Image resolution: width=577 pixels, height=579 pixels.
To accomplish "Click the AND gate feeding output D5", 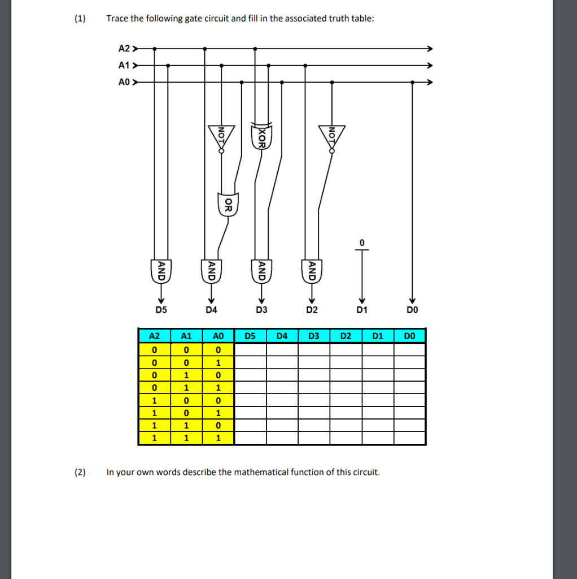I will click(x=161, y=271).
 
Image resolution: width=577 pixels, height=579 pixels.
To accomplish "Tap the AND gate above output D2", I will click(x=311, y=271).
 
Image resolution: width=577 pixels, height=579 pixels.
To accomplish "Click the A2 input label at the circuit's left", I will click(x=124, y=49).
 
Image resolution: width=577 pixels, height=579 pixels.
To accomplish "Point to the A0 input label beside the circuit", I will click(x=124, y=83).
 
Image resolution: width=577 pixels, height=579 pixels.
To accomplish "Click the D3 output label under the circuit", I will click(x=261, y=310).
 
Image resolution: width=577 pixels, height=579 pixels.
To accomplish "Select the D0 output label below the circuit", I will click(x=413, y=310).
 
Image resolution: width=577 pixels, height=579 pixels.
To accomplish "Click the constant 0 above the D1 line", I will click(x=362, y=243).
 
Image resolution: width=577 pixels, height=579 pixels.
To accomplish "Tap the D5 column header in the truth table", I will click(x=251, y=336).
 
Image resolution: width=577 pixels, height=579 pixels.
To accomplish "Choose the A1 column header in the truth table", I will click(x=186, y=336).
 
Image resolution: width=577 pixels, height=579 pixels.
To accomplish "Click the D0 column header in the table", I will click(x=409, y=336).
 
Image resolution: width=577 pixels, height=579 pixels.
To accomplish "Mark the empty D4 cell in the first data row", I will click(x=282, y=349).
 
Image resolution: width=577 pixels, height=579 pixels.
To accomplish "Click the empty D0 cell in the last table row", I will click(x=409, y=438).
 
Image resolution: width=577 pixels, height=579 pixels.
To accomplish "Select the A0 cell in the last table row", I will click(x=218, y=438).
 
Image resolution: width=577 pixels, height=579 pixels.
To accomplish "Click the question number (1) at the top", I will click(x=80, y=19).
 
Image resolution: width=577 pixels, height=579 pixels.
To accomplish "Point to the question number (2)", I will click(x=80, y=472).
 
